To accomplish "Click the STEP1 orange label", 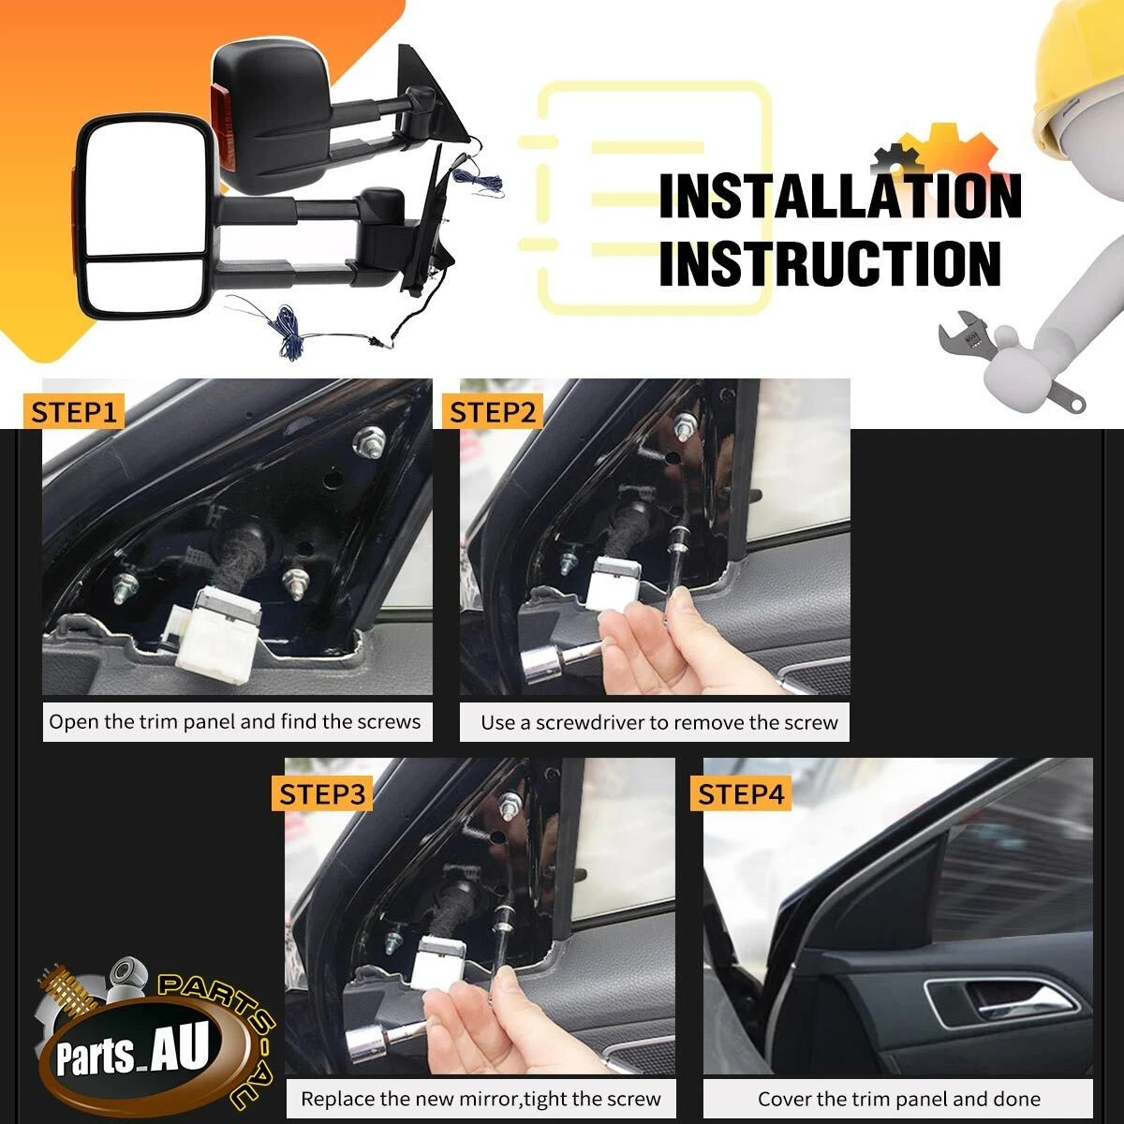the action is click(x=74, y=412).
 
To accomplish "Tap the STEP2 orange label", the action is click(x=493, y=412).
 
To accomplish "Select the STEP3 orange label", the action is click(x=322, y=794).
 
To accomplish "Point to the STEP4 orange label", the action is click(x=741, y=794).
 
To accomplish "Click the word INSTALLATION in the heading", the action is click(x=840, y=196).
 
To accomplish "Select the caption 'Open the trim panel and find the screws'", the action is click(x=235, y=721).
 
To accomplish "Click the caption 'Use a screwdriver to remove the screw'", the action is click(x=659, y=723).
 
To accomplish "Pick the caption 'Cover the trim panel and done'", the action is click(x=899, y=1099).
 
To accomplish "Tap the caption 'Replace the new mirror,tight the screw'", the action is click(x=481, y=1099).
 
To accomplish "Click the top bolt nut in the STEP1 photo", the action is click(x=370, y=441).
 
